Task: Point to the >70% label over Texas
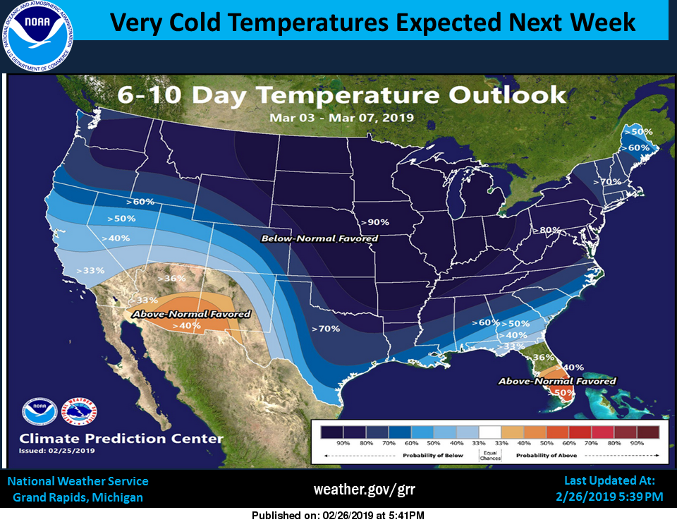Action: point(326,329)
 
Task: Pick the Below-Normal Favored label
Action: point(319,238)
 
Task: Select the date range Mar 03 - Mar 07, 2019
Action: point(341,117)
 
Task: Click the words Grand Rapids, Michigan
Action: point(78,497)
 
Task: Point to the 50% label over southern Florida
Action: point(562,393)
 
